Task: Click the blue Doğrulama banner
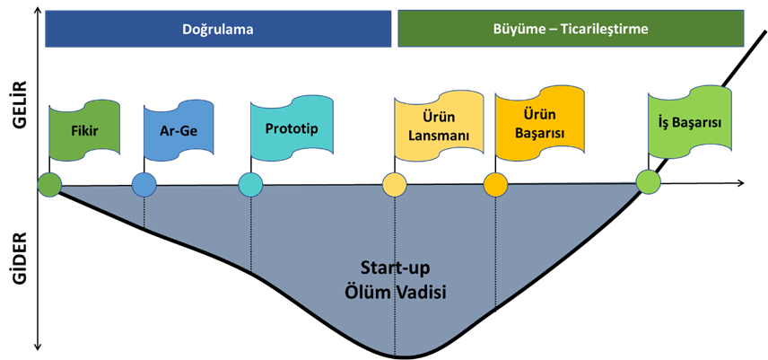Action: tap(219, 30)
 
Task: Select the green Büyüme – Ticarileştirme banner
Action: tap(571, 30)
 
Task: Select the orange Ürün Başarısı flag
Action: tap(538, 126)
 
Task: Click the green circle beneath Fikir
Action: tap(49, 186)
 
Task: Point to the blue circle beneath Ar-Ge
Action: tap(144, 186)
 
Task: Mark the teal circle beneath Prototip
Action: tap(251, 186)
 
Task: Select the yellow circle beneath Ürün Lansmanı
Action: tap(395, 186)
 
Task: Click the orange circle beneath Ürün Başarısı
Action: tap(495, 186)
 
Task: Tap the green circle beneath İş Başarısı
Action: tap(648, 182)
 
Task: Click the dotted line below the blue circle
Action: tap(144, 212)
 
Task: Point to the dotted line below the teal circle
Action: tap(251, 233)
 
